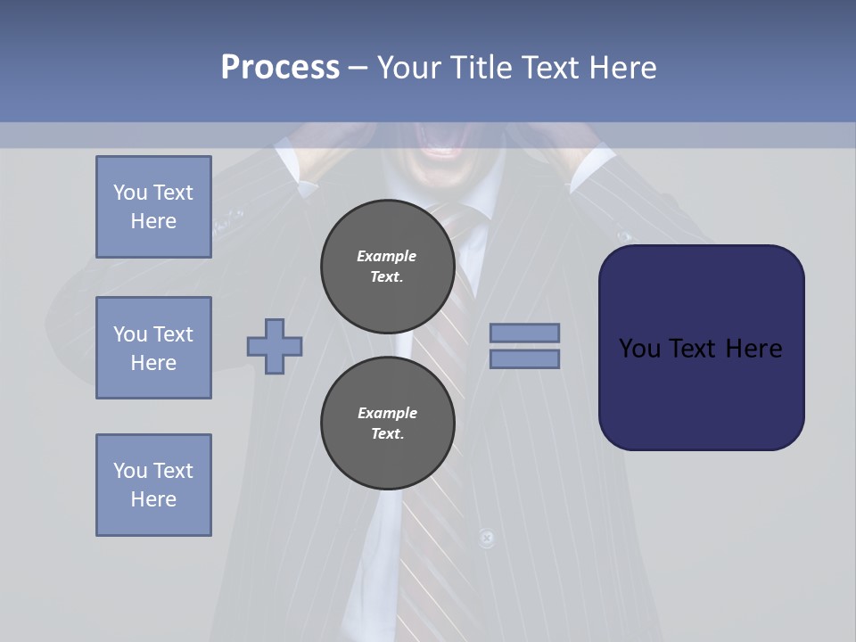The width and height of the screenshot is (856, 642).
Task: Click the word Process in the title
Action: tap(280, 68)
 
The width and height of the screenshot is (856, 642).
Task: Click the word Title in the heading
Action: tap(481, 68)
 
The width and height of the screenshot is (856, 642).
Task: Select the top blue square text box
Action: tap(153, 207)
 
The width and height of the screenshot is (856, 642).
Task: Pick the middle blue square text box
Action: tap(153, 348)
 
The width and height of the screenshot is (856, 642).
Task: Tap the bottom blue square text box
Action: tap(153, 485)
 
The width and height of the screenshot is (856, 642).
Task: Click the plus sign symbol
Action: tap(275, 347)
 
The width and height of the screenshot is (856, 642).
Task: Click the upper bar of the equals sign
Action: tap(524, 333)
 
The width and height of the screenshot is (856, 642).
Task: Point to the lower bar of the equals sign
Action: tap(524, 359)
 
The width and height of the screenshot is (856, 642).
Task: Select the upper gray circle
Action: tap(388, 267)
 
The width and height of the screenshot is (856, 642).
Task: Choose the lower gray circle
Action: tap(388, 424)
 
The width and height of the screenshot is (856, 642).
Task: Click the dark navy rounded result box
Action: tap(701, 347)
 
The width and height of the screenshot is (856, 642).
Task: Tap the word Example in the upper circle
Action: tap(387, 256)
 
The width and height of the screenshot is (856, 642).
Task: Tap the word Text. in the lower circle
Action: tap(387, 434)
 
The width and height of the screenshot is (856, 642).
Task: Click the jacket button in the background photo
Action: tap(486, 538)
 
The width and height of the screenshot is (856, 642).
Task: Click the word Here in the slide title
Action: tap(623, 68)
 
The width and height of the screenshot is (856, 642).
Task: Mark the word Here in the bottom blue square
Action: tap(153, 499)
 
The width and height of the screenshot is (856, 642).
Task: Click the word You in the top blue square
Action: tap(130, 193)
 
